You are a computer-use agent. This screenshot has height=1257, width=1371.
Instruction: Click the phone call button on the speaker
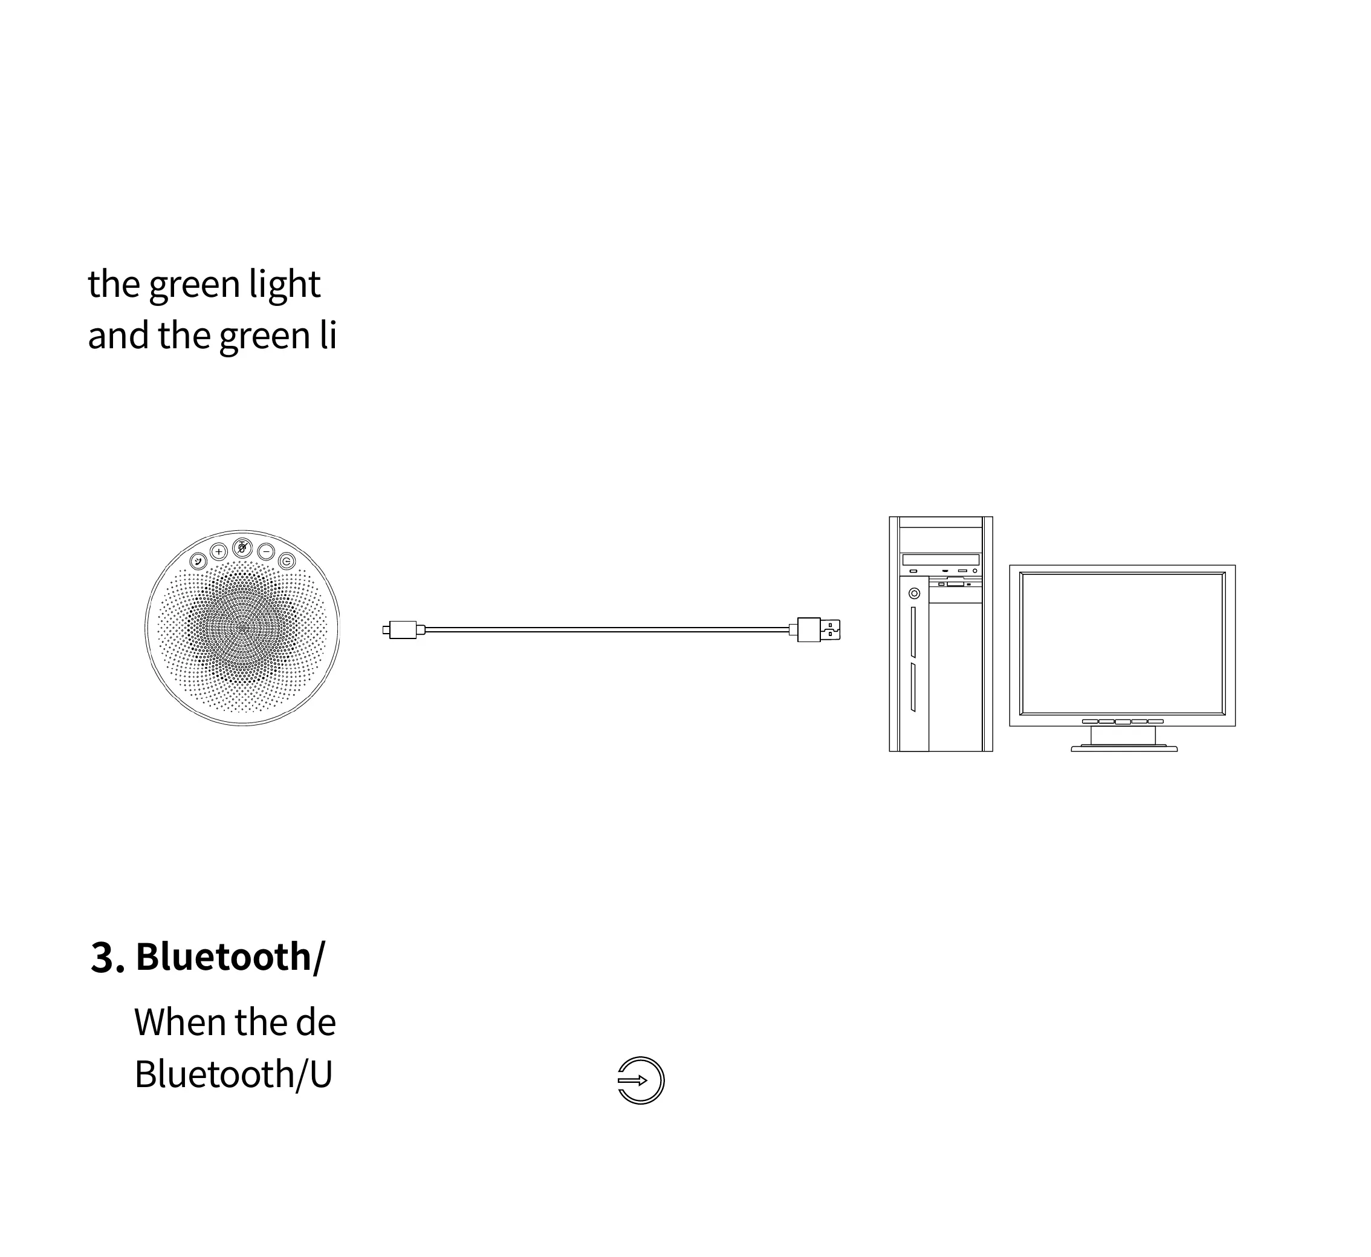[x=198, y=561]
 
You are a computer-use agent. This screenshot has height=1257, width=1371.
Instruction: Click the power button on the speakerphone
[x=287, y=561]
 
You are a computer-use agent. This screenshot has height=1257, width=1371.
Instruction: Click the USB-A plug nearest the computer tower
[x=818, y=630]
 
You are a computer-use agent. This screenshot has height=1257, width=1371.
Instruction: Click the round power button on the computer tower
[x=914, y=594]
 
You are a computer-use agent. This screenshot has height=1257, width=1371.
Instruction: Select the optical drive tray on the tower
[x=941, y=560]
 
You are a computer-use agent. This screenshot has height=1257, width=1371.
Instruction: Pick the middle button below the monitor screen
[x=1123, y=722]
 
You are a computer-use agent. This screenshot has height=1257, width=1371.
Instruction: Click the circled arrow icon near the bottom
[x=641, y=1080]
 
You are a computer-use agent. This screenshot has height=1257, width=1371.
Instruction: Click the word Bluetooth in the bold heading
[x=223, y=957]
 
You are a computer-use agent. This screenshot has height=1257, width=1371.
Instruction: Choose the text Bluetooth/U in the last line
[x=233, y=1075]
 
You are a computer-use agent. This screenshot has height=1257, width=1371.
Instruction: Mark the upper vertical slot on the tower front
[x=913, y=632]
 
